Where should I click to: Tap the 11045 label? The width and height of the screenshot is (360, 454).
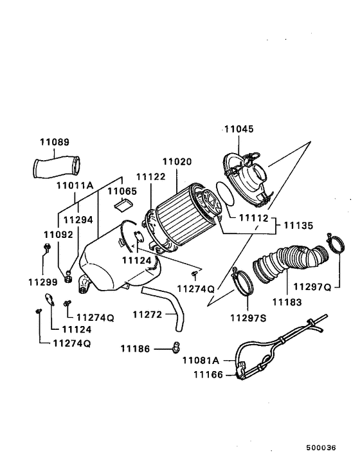(239, 129)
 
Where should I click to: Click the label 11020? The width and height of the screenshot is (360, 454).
(177, 162)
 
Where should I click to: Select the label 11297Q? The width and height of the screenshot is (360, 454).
(312, 286)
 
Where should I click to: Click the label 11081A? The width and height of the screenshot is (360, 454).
(201, 361)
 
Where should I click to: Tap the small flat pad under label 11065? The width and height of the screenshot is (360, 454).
(121, 205)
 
